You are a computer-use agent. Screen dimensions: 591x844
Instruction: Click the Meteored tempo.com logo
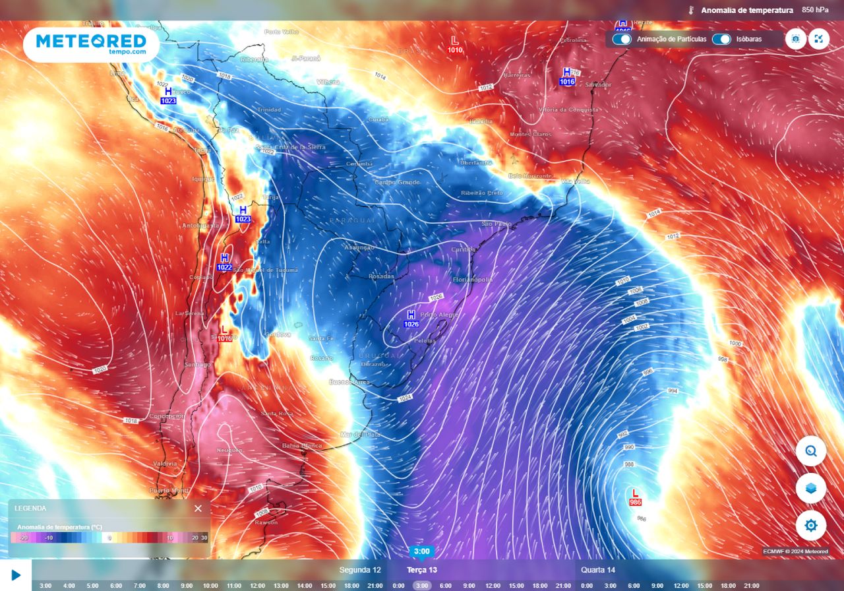pos(91,44)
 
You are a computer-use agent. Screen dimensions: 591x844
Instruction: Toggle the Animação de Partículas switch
pos(621,39)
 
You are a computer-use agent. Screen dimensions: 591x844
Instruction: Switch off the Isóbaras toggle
pos(721,39)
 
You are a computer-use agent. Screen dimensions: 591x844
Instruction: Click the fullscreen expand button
pos(818,39)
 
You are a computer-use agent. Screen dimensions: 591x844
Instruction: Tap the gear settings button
pos(810,526)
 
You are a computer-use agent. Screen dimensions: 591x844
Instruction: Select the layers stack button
pos(810,489)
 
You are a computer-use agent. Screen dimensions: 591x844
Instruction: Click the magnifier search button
pos(810,452)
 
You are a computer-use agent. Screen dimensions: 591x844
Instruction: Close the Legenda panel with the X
pos(198,509)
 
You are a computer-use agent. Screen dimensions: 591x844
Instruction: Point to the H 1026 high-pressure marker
pos(411,319)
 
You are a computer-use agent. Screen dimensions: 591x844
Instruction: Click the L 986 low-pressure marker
pos(636,497)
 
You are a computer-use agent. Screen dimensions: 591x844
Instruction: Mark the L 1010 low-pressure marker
pos(454,45)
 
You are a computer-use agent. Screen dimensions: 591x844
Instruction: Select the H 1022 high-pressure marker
pos(224,262)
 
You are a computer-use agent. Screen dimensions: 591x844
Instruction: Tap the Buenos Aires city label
pos(349,382)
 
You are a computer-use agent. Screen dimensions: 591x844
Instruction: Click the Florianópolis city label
pos(472,280)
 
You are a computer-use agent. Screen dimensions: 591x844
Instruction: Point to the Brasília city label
pos(481,121)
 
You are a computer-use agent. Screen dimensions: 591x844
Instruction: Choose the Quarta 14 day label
pos(598,570)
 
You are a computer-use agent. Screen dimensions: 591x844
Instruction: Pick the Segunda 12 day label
pos(360,570)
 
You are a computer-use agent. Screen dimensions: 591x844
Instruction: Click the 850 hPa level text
pos(815,10)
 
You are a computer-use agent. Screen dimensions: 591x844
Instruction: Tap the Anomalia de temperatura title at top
pos(746,10)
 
